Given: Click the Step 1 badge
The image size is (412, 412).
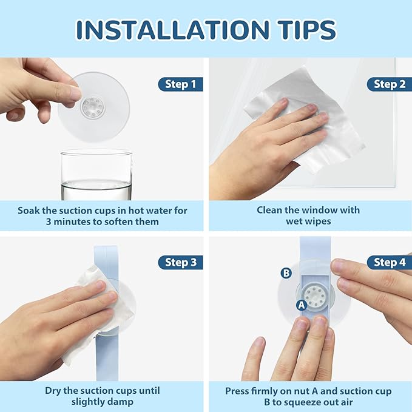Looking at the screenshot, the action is (x=180, y=84).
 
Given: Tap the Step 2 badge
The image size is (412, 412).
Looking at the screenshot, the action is (x=390, y=84).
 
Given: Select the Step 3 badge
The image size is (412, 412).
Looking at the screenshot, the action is (x=180, y=262).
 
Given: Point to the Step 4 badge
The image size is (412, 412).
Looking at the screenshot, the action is (x=390, y=262).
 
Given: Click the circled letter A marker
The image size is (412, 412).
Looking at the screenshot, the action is (x=302, y=305).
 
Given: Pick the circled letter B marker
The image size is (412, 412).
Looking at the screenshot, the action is (x=286, y=273).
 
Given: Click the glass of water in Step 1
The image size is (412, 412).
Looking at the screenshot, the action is (x=96, y=175).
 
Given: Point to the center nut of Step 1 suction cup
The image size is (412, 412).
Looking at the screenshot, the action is (x=93, y=107).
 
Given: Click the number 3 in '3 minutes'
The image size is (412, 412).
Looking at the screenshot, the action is (x=49, y=221).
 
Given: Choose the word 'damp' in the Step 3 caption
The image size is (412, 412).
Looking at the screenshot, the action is (x=122, y=402).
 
